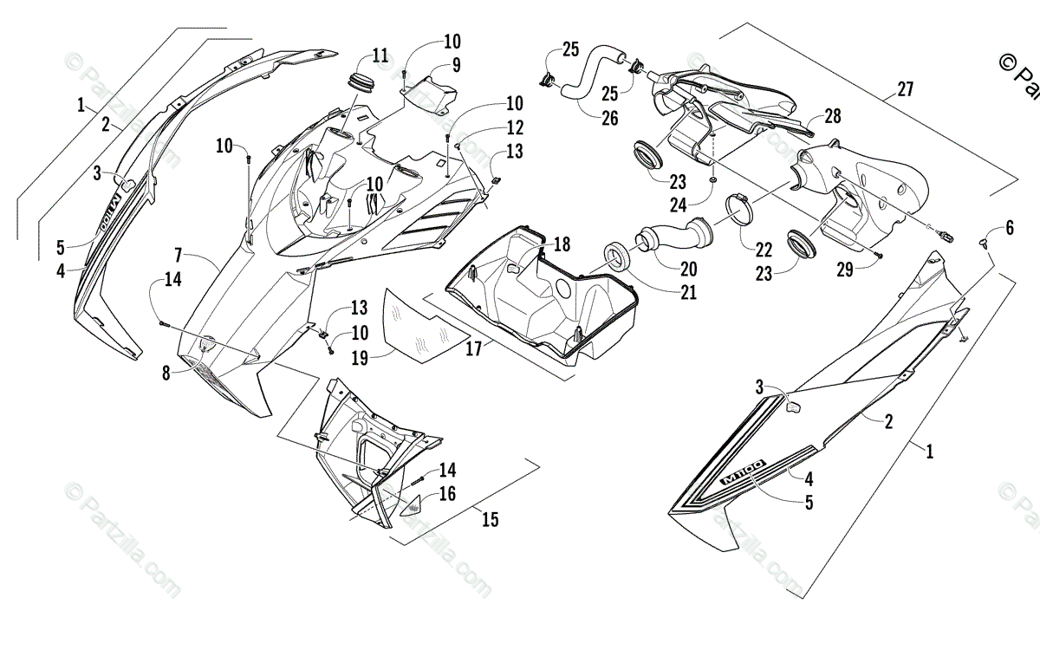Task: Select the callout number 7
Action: click(x=178, y=256)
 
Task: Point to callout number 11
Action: click(x=380, y=56)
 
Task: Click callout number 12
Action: click(x=516, y=128)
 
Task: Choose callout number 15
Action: click(x=491, y=519)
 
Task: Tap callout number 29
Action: click(x=844, y=270)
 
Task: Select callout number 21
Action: click(x=688, y=292)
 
